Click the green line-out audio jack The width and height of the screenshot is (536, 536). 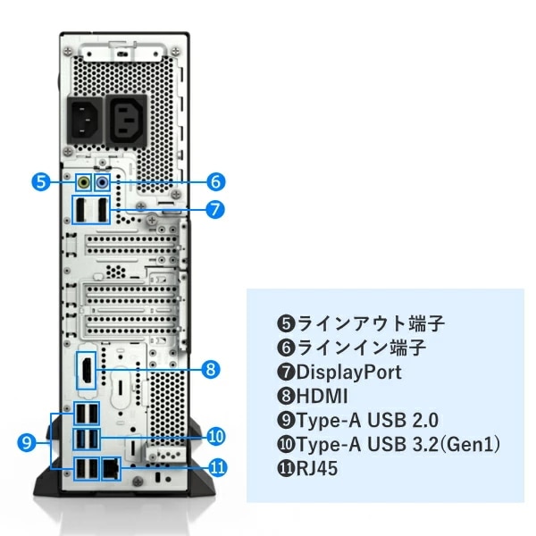(x=84, y=181)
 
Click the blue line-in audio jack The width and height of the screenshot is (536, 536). (x=102, y=181)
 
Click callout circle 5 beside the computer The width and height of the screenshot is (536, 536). (x=40, y=181)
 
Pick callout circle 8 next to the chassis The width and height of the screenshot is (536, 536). (x=211, y=368)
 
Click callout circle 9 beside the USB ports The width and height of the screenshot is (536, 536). (x=27, y=441)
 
